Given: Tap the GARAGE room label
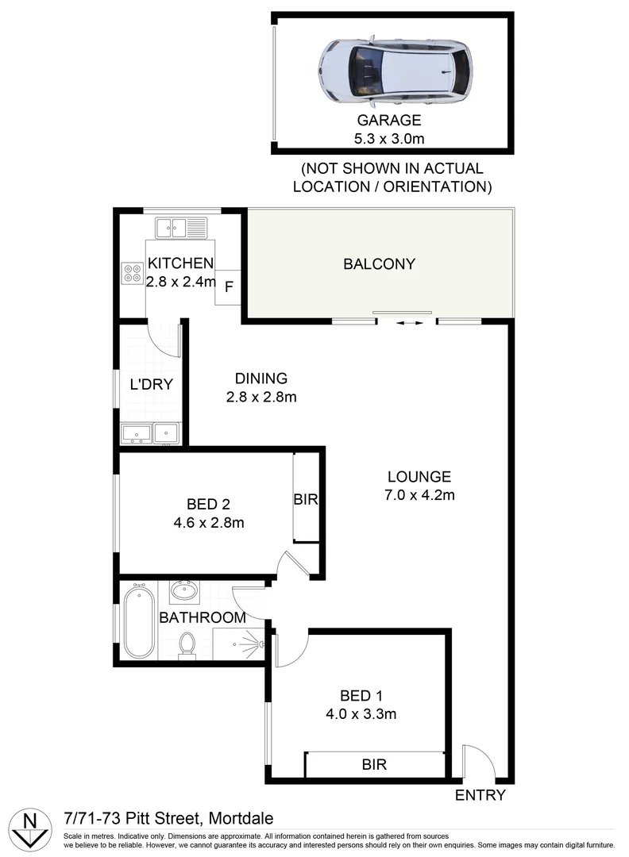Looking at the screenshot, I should (388, 121).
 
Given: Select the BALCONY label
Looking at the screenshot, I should (379, 264).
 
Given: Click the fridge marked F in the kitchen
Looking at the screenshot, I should (228, 287).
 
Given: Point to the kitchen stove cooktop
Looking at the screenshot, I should (131, 273).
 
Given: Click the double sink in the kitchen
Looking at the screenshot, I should (181, 228).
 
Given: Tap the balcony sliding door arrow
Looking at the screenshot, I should (406, 323).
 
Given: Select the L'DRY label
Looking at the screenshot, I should (151, 386).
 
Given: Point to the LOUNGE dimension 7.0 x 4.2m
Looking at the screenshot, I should (419, 496).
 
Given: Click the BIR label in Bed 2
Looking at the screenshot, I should (306, 500).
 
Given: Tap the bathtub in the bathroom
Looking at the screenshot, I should (140, 624).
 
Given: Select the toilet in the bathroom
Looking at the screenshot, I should (187, 645).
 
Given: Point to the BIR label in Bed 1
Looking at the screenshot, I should (374, 765).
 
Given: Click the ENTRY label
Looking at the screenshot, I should (480, 795).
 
